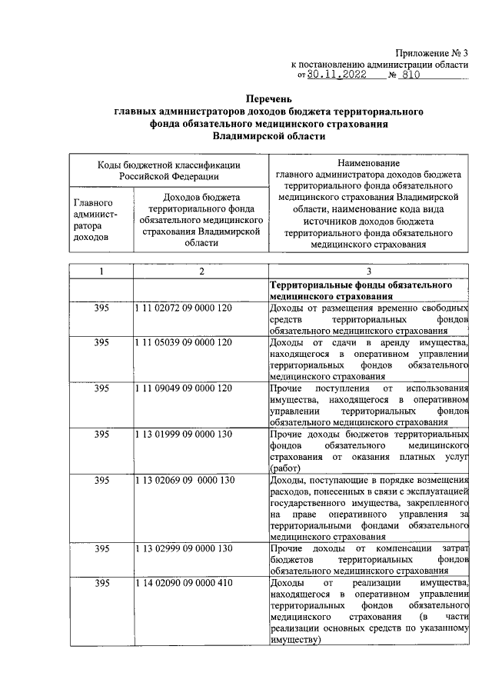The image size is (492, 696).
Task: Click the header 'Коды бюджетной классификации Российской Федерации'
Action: point(168,169)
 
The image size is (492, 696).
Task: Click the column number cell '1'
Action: point(101,271)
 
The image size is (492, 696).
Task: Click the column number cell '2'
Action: point(201,271)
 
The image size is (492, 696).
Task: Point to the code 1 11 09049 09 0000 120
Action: point(183,388)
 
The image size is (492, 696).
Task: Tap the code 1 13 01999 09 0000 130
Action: point(183,435)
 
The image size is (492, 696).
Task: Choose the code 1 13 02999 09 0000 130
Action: point(183,548)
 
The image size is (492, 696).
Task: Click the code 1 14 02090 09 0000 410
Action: point(183,584)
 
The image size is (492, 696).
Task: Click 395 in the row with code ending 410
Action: point(101,584)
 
